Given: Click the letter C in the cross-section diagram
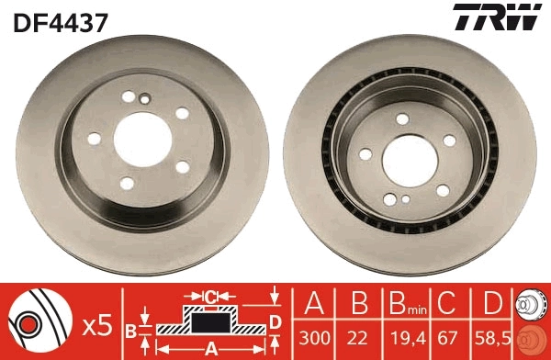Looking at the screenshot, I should click(x=210, y=297).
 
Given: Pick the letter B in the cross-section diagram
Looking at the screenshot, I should click(x=130, y=329).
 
